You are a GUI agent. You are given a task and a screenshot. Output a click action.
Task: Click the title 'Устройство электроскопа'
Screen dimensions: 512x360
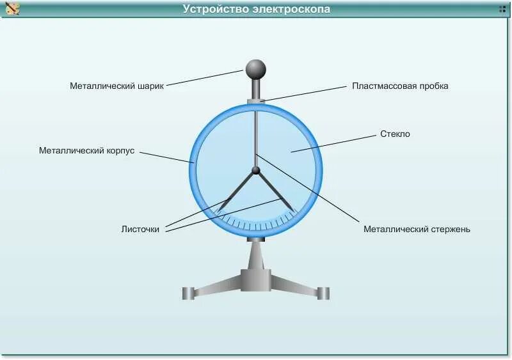click(x=256, y=9)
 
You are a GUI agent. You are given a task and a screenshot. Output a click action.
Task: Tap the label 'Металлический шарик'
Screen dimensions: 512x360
click(x=117, y=86)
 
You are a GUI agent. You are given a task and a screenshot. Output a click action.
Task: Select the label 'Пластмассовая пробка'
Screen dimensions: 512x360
click(x=400, y=86)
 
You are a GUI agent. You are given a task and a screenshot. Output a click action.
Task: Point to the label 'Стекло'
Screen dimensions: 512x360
click(x=395, y=134)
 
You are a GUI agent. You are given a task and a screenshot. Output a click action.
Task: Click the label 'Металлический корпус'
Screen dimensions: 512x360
click(x=86, y=151)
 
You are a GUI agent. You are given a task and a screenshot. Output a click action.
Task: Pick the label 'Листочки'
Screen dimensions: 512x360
click(x=140, y=229)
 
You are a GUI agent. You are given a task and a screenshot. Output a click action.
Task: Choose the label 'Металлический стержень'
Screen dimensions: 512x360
click(x=417, y=229)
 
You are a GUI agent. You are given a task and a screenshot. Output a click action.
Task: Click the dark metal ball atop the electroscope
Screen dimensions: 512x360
click(x=255, y=68)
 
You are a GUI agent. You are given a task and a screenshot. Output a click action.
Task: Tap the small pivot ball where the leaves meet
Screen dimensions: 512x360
click(x=256, y=170)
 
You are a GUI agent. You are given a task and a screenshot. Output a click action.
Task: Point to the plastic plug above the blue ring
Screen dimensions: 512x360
click(x=256, y=100)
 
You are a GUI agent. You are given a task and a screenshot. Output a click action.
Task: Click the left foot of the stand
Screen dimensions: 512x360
click(x=188, y=293)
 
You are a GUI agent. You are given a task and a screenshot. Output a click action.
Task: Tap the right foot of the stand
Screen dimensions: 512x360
click(x=324, y=293)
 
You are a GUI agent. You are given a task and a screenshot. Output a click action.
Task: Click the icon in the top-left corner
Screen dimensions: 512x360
click(x=12, y=9)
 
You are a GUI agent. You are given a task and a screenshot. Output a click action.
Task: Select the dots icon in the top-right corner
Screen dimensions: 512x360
click(x=502, y=9)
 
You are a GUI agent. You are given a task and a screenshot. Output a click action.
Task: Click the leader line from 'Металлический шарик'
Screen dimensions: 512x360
click(x=205, y=78)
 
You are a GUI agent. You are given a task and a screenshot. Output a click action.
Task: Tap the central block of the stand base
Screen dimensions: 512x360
click(x=256, y=279)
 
